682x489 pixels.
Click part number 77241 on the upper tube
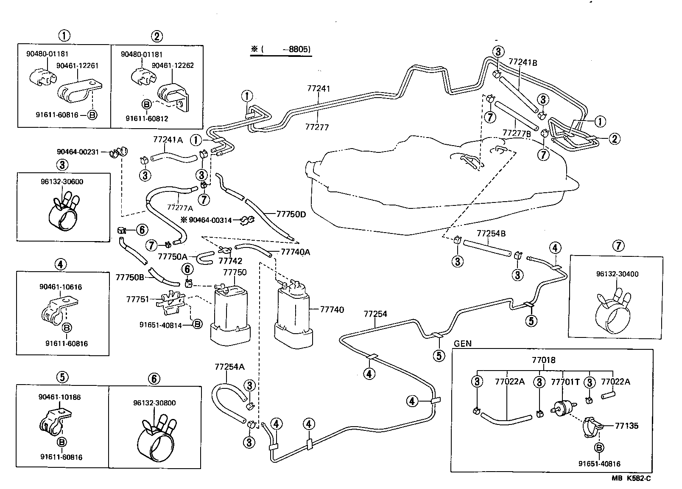point(318,89)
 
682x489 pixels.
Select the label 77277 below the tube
point(317,127)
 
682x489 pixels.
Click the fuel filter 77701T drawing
point(563,408)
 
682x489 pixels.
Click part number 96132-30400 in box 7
point(617,274)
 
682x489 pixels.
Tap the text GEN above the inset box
point(462,343)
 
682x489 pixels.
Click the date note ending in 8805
point(281,49)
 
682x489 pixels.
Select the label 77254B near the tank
point(491,234)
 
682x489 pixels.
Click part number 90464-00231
point(78,152)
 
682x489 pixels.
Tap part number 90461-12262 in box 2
point(173,65)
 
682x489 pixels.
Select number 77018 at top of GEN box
point(543,360)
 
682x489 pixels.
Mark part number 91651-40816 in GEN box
point(599,464)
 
